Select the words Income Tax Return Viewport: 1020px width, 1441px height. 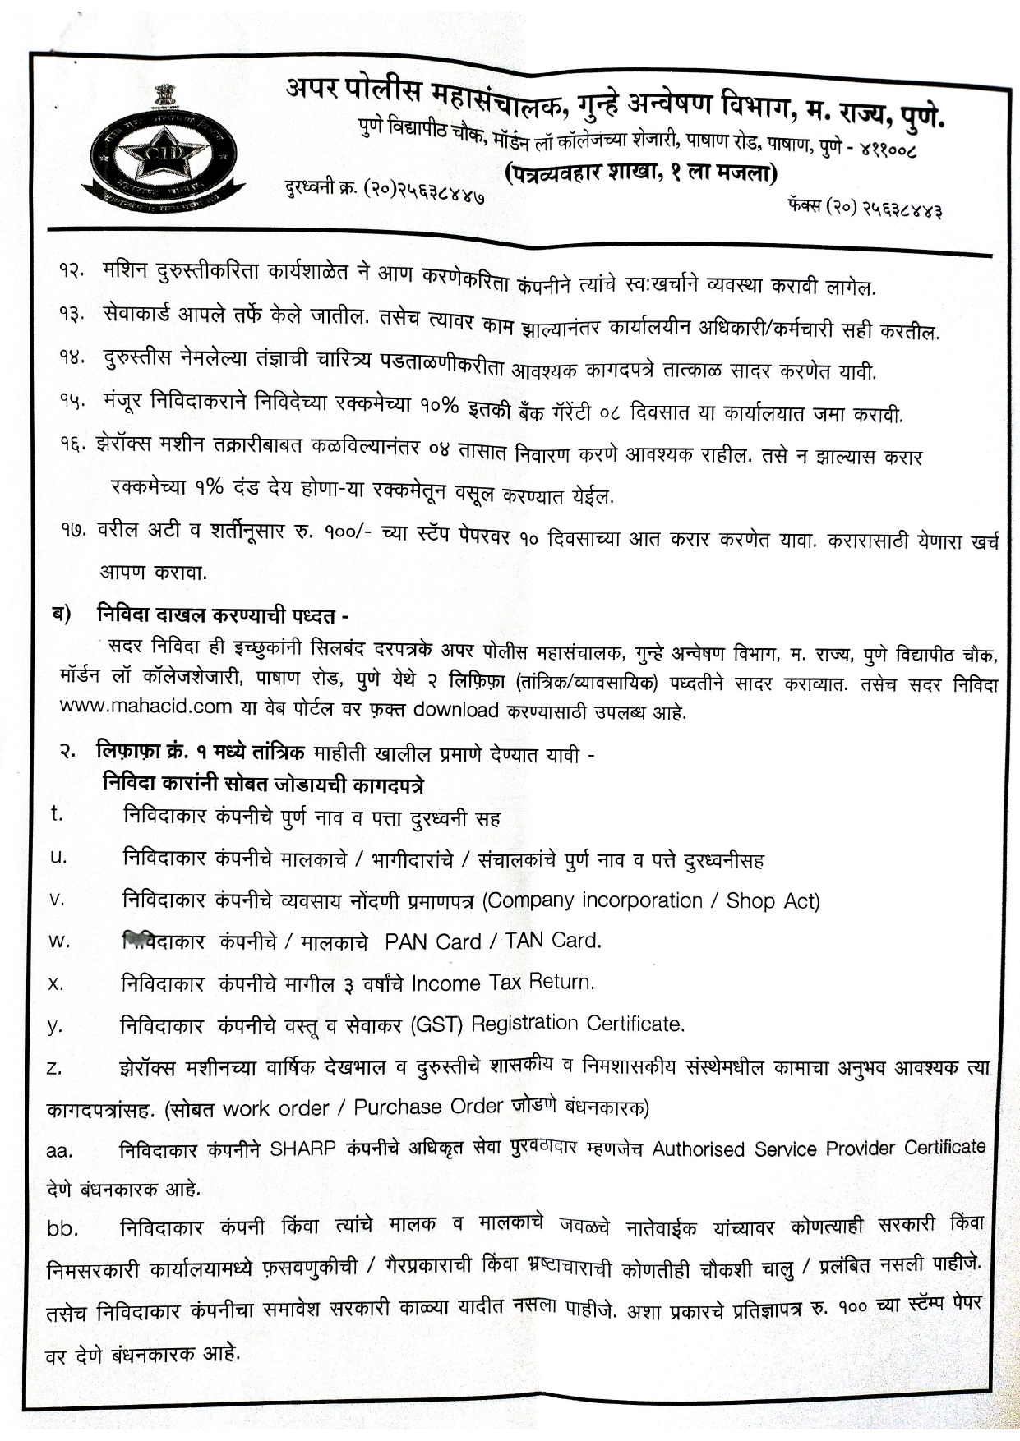pos(502,983)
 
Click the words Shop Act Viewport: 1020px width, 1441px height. pos(773,901)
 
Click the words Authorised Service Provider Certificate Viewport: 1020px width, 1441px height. pos(819,1148)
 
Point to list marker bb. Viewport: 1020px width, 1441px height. pos(62,1229)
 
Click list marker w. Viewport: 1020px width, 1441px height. pos(59,941)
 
